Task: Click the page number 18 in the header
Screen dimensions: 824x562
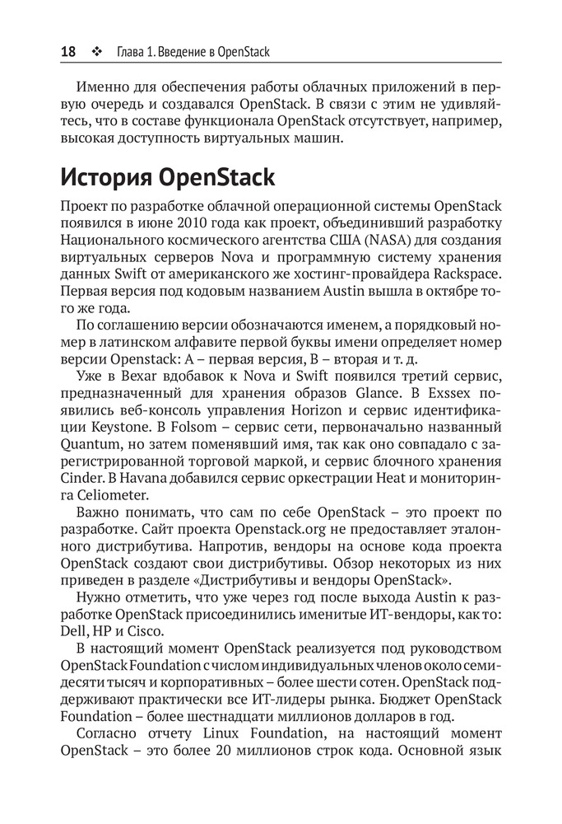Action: point(68,52)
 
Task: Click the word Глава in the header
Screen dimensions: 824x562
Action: point(132,53)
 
